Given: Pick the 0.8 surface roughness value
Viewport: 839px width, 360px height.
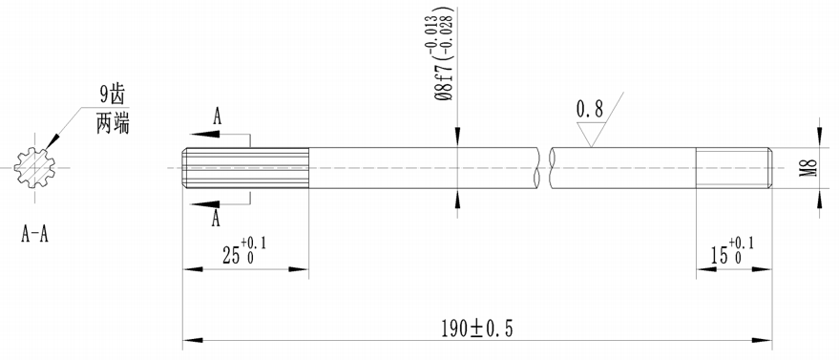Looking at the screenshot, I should (589, 110).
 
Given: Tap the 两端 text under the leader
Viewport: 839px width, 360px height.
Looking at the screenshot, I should (113, 123).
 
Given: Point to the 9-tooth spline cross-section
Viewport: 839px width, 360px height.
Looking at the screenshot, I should (37, 170).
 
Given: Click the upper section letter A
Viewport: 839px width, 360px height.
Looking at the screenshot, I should (218, 117).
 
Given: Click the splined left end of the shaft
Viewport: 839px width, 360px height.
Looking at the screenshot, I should (244, 170).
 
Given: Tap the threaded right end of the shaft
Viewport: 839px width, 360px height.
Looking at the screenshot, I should (732, 170).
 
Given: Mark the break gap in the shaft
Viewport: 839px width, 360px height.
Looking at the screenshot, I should (546, 170).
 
